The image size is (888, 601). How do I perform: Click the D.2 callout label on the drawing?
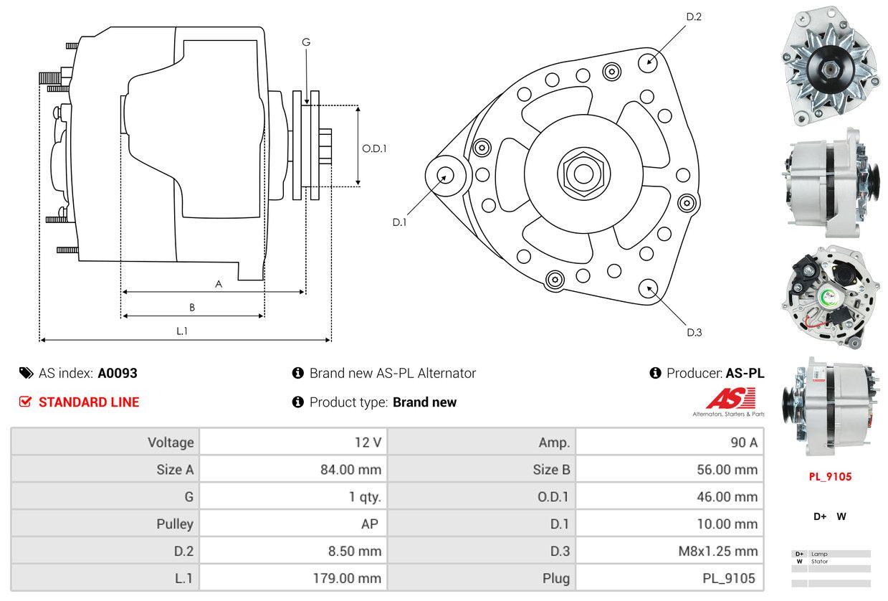point(693,16)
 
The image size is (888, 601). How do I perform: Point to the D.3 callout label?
point(694,332)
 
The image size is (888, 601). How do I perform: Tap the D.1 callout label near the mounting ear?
point(399,222)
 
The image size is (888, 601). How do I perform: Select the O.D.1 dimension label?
point(374,148)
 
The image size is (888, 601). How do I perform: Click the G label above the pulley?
point(306,42)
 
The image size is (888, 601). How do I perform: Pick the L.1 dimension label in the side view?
point(182,331)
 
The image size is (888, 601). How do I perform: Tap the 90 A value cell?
point(743,443)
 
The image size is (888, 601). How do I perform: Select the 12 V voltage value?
point(368,443)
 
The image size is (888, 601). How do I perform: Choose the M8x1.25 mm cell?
point(717,551)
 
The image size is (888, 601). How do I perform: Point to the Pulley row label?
point(175,524)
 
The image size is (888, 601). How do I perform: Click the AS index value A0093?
point(118,373)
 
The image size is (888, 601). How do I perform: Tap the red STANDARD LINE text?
point(89,402)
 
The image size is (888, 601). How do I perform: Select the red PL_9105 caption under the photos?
point(830,476)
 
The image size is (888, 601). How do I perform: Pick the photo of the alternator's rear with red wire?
point(829,296)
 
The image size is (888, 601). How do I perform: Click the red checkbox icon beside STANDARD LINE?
point(26,402)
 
